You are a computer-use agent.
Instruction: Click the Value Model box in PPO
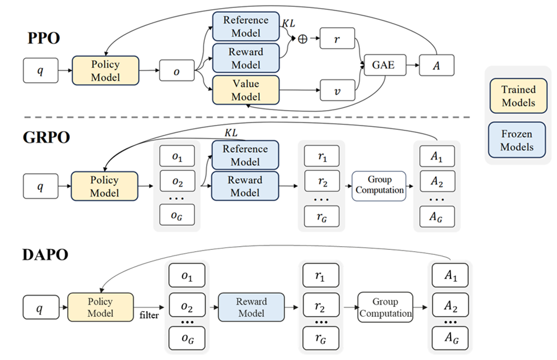tap(246, 90)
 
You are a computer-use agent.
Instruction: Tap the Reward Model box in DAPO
tap(251, 307)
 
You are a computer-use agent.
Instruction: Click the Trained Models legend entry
tap(518, 95)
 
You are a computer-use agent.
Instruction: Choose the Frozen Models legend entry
tap(518, 141)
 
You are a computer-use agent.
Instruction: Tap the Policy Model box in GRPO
tap(104, 185)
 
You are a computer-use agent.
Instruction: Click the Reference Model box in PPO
tap(246, 27)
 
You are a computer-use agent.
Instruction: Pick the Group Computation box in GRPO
tap(379, 185)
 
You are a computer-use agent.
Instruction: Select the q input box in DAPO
tap(40, 307)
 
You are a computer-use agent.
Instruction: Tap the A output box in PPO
tap(437, 64)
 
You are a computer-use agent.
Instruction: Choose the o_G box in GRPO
tap(176, 216)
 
